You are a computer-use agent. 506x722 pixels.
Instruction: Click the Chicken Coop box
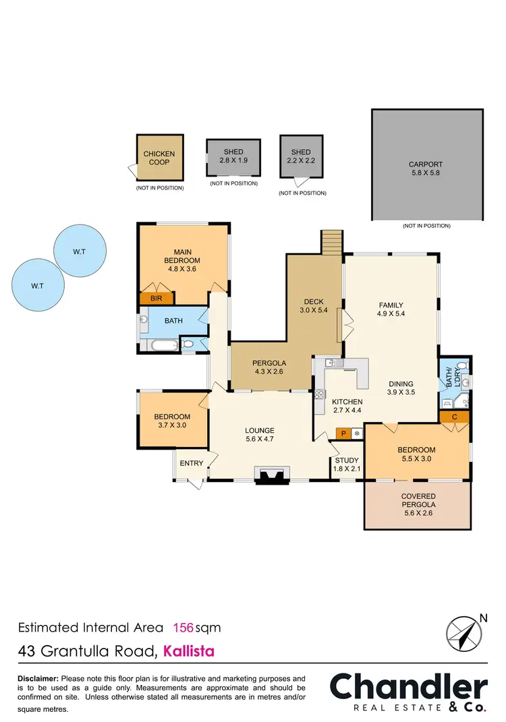[159, 158]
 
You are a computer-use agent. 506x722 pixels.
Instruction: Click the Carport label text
[426, 168]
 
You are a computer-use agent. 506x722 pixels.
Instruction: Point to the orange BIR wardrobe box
[156, 299]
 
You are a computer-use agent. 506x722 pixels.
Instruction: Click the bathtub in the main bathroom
[161, 346]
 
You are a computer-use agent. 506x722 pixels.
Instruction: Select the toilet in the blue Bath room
[189, 344]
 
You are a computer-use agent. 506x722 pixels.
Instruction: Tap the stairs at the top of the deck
[331, 241]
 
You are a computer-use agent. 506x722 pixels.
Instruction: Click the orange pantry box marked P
[343, 433]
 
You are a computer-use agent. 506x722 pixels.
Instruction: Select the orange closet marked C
[455, 417]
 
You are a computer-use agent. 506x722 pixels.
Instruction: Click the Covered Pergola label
[418, 499]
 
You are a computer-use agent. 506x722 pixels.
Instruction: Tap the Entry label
[191, 463]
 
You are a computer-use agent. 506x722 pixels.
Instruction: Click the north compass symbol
[464, 632]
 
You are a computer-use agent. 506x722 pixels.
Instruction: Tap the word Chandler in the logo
[407, 688]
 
